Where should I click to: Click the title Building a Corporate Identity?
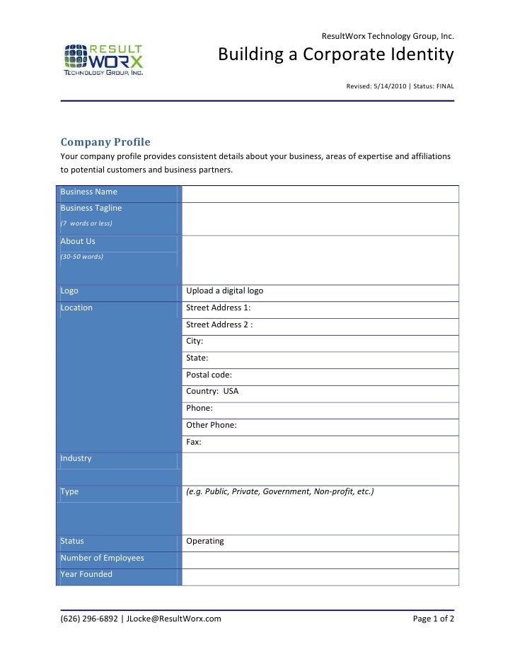335,55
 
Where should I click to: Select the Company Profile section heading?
105,141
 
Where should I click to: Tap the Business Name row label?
89,192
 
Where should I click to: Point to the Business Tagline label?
91,209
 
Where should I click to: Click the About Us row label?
78,242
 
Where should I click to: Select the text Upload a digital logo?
224,291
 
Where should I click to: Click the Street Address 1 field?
218,308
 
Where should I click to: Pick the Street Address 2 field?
219,325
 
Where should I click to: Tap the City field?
195,341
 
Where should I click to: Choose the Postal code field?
209,375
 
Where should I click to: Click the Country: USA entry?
212,391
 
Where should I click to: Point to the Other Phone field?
211,425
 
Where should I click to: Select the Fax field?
194,442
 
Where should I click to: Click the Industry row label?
76,459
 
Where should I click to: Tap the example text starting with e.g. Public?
279,491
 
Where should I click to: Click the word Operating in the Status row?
205,542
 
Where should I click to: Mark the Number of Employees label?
102,559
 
